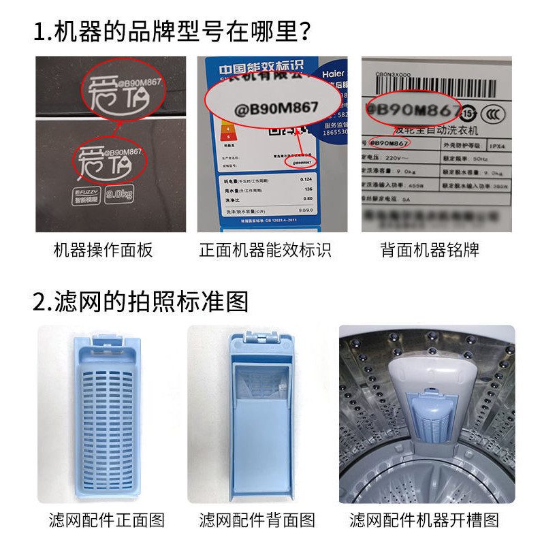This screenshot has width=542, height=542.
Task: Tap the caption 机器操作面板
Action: pyautogui.click(x=103, y=251)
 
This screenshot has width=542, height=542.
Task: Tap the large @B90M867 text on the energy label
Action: pyautogui.click(x=272, y=108)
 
